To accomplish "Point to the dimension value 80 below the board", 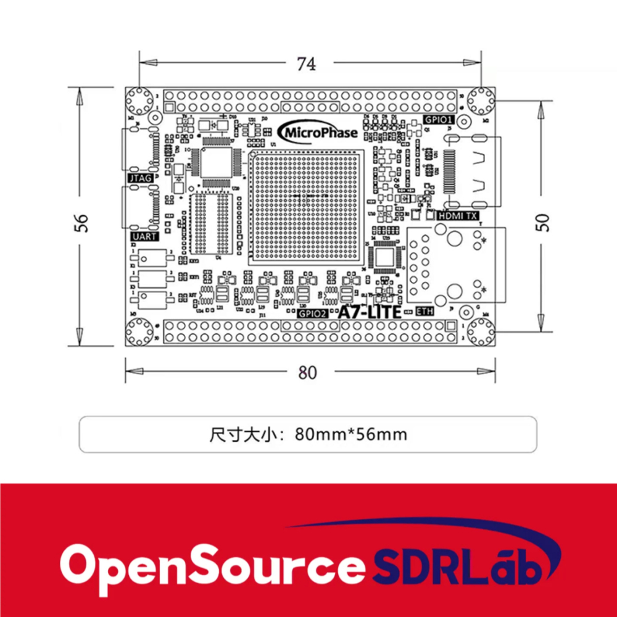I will point(307,373).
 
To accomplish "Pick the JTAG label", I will point(139,178).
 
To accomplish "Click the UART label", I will point(141,236).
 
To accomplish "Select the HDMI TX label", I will point(457,216).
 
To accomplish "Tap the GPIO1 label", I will point(438,119).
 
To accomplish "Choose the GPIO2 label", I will point(313,313).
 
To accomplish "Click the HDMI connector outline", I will point(472,172).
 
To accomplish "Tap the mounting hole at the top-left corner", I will point(140,100).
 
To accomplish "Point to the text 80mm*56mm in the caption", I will point(351,434).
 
